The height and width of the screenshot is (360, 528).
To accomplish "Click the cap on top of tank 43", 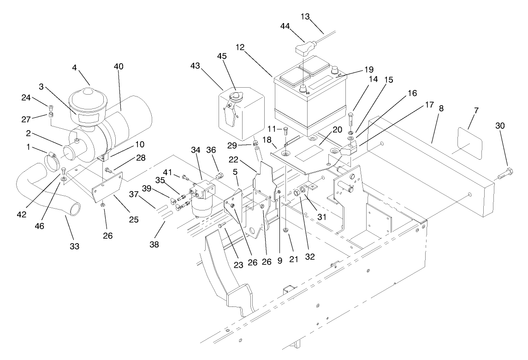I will point(237,97).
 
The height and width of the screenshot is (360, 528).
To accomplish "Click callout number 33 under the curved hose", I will point(74,246).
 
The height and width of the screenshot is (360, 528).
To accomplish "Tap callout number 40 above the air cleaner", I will point(119,66).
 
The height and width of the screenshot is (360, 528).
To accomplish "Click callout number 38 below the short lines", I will point(154,244).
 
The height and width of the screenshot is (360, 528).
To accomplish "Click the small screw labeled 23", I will point(222,226).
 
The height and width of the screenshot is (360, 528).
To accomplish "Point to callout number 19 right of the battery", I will point(368,70).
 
